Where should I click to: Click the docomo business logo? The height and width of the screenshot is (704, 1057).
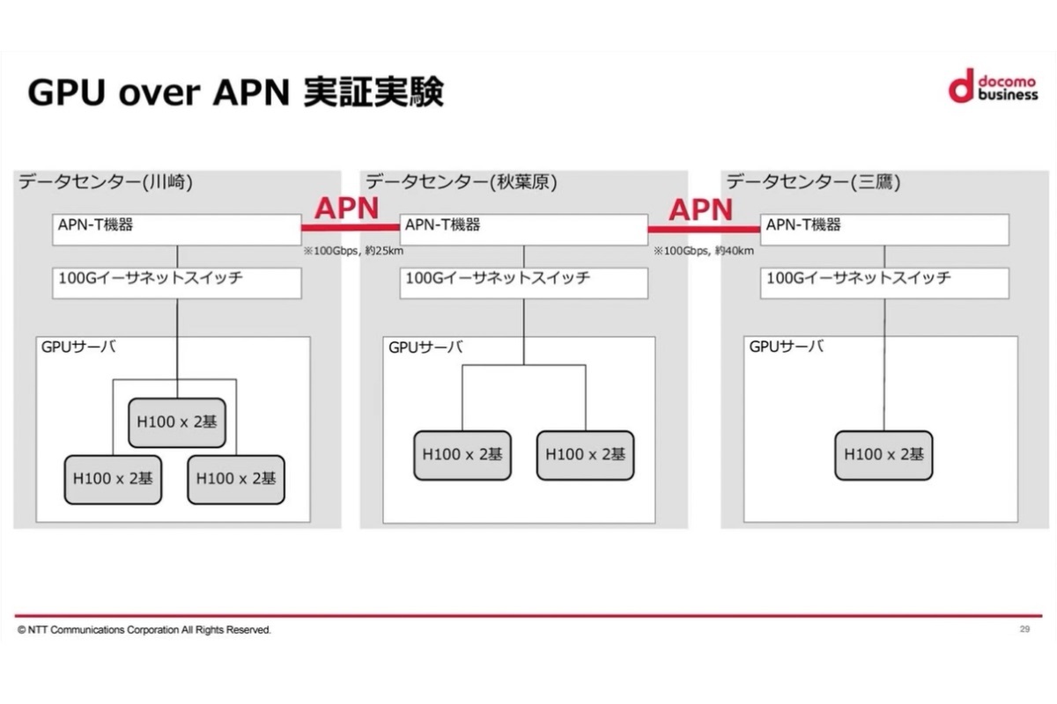pyautogui.click(x=994, y=85)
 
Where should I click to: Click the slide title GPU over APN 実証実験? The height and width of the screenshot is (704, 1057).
pyautogui.click(x=235, y=92)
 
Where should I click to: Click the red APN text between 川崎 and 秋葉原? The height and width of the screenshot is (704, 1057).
pyautogui.click(x=347, y=209)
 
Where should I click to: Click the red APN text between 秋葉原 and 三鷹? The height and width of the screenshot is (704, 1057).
pyautogui.click(x=700, y=209)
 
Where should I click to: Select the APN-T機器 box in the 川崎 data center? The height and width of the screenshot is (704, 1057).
pyautogui.click(x=176, y=229)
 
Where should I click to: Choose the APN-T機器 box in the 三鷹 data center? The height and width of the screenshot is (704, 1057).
pyautogui.click(x=884, y=229)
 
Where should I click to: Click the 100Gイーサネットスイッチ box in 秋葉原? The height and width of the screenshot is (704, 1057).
pyautogui.click(x=523, y=282)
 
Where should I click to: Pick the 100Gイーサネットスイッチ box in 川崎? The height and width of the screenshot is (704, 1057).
pyautogui.click(x=176, y=282)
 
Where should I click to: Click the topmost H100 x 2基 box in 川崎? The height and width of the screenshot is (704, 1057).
pyautogui.click(x=176, y=421)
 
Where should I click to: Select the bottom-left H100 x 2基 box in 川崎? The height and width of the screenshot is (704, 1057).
pyautogui.click(x=113, y=479)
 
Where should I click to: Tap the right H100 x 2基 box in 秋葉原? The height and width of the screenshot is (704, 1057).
pyautogui.click(x=585, y=455)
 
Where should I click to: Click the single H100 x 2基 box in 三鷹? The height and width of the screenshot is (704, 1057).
pyautogui.click(x=883, y=455)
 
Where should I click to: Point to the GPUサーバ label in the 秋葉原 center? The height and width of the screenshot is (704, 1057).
pyautogui.click(x=425, y=347)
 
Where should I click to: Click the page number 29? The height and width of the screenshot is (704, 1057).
pyautogui.click(x=1024, y=629)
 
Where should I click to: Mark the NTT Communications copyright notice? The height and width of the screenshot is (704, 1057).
pyautogui.click(x=144, y=630)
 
